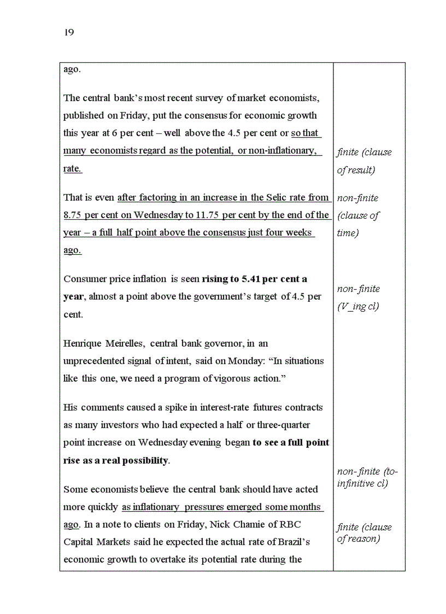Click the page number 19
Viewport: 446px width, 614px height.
click(x=69, y=33)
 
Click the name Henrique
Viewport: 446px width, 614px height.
click(x=83, y=343)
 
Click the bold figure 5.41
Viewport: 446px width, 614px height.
click(x=250, y=279)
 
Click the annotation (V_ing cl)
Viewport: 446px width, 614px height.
click(x=358, y=307)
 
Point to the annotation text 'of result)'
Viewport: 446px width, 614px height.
click(x=356, y=170)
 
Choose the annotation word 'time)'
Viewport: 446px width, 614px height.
click(x=348, y=233)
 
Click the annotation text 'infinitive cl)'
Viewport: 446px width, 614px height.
click(x=362, y=484)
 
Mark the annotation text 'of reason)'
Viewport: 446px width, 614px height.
click(x=359, y=539)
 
